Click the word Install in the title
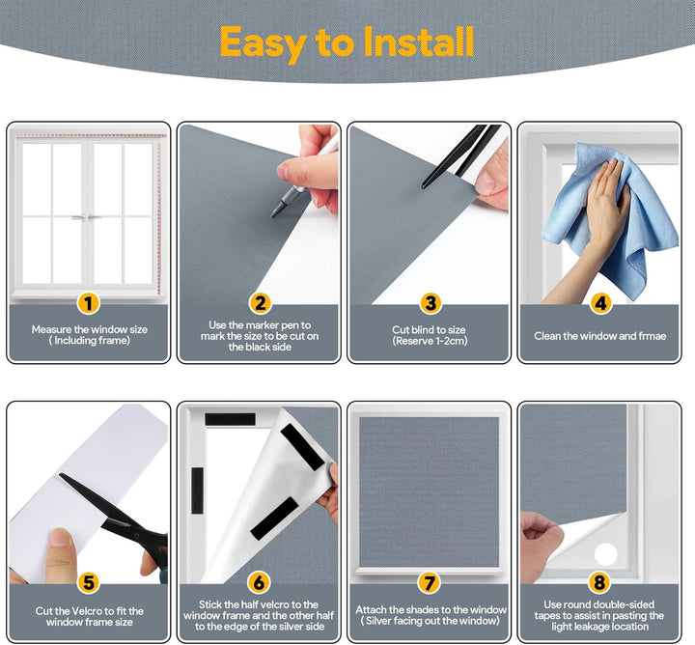pos(418,42)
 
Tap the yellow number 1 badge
pos(89,303)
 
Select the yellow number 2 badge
pos(261,303)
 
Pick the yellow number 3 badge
pos(431,303)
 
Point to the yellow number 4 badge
pos(600,303)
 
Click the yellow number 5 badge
pos(89,582)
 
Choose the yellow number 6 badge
pos(260,582)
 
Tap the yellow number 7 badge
pos(429,582)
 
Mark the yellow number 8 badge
pos(599,582)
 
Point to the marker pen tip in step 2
pos(273,215)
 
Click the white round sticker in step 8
pos(605,553)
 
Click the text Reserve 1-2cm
pos(430,341)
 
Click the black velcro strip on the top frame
pos(230,419)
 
